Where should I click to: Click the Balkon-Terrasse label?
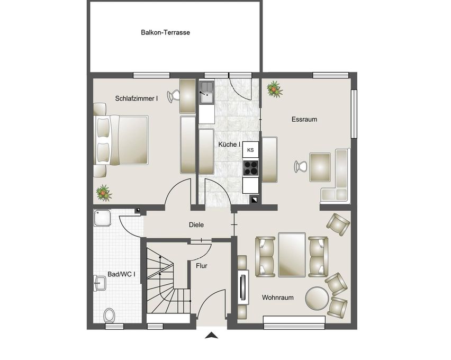165,32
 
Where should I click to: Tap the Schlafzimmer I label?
137,98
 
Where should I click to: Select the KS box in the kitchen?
250,150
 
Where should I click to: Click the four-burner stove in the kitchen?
250,168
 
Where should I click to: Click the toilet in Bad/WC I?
109,316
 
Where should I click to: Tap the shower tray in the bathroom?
102,218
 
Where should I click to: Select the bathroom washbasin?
100,283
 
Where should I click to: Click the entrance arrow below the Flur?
211,335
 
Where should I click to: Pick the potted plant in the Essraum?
274,89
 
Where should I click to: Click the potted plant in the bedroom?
104,193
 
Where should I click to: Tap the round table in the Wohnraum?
317,299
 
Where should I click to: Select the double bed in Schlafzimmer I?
121,140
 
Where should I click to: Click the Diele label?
196,225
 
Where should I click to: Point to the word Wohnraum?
278,298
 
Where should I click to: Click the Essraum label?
304,119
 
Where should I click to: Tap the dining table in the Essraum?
320,167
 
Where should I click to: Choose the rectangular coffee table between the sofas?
292,255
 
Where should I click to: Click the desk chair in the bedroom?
173,96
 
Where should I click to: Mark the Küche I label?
229,145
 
